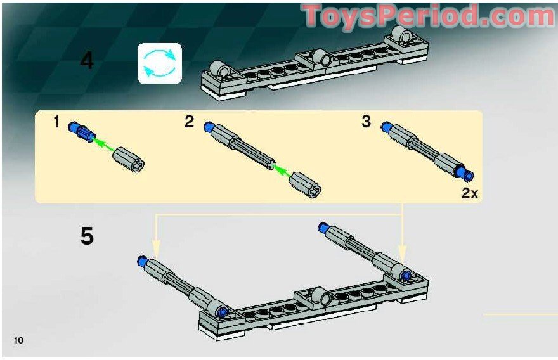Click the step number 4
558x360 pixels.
coord(87,61)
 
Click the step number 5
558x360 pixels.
coord(87,236)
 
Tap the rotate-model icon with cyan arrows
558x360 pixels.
coord(160,63)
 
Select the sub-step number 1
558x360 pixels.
coord(56,122)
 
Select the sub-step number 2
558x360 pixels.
coord(189,122)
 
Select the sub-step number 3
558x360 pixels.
coord(366,122)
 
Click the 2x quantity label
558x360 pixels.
coord(469,194)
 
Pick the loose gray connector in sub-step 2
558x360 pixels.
coord(306,184)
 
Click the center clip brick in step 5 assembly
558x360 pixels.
coord(315,297)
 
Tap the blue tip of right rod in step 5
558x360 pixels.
coord(323,227)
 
